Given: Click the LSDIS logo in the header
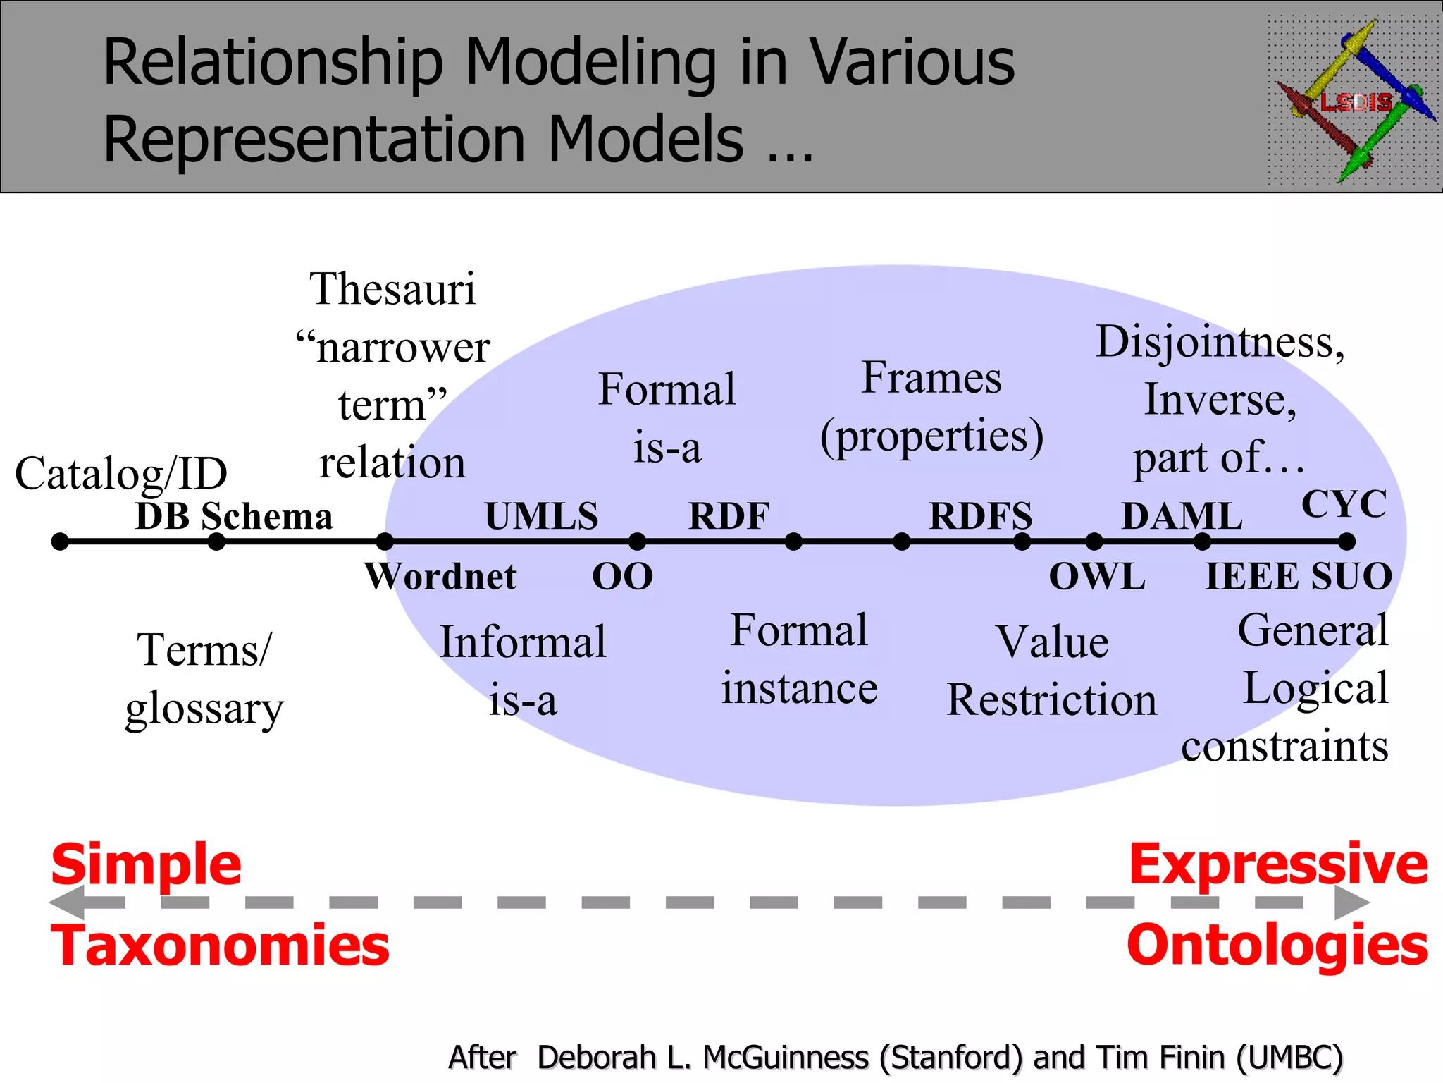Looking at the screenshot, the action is click(1354, 100).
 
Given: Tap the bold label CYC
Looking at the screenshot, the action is click(1344, 504).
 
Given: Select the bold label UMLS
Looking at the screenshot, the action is click(541, 516).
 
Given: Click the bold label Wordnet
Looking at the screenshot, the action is click(440, 577).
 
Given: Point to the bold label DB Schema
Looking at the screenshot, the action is click(234, 516).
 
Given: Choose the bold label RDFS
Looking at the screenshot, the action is click(981, 516).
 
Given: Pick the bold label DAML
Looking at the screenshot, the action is click(1182, 516).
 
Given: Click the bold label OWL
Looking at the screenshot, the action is click(1096, 577).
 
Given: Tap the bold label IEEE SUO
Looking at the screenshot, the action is click(1299, 577).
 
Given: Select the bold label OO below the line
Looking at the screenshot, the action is click(622, 577).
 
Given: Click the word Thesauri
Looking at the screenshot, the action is click(392, 289).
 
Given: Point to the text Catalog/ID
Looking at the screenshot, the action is click(121, 474).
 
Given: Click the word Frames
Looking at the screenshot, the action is click(931, 378).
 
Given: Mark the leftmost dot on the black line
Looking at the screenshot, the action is click(61, 541).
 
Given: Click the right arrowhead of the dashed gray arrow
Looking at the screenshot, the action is click(1351, 902).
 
